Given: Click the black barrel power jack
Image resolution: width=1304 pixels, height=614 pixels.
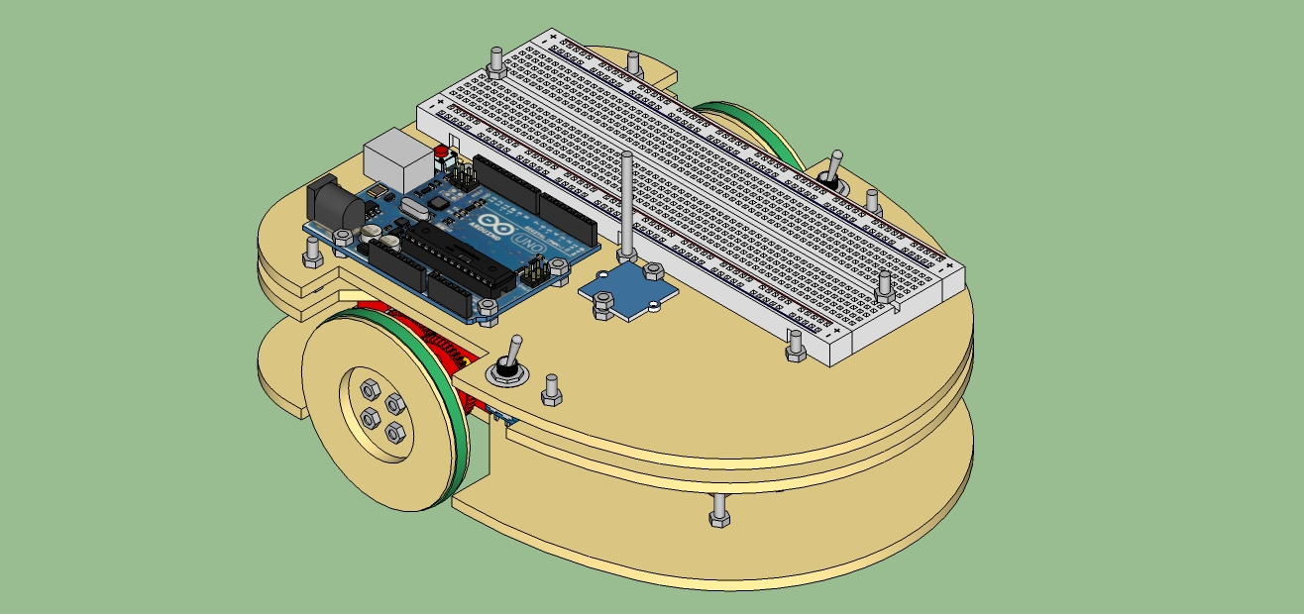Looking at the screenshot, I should pyautogui.click(x=333, y=203).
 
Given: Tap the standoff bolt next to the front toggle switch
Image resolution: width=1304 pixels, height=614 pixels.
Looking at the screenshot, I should pyautogui.click(x=552, y=390).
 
